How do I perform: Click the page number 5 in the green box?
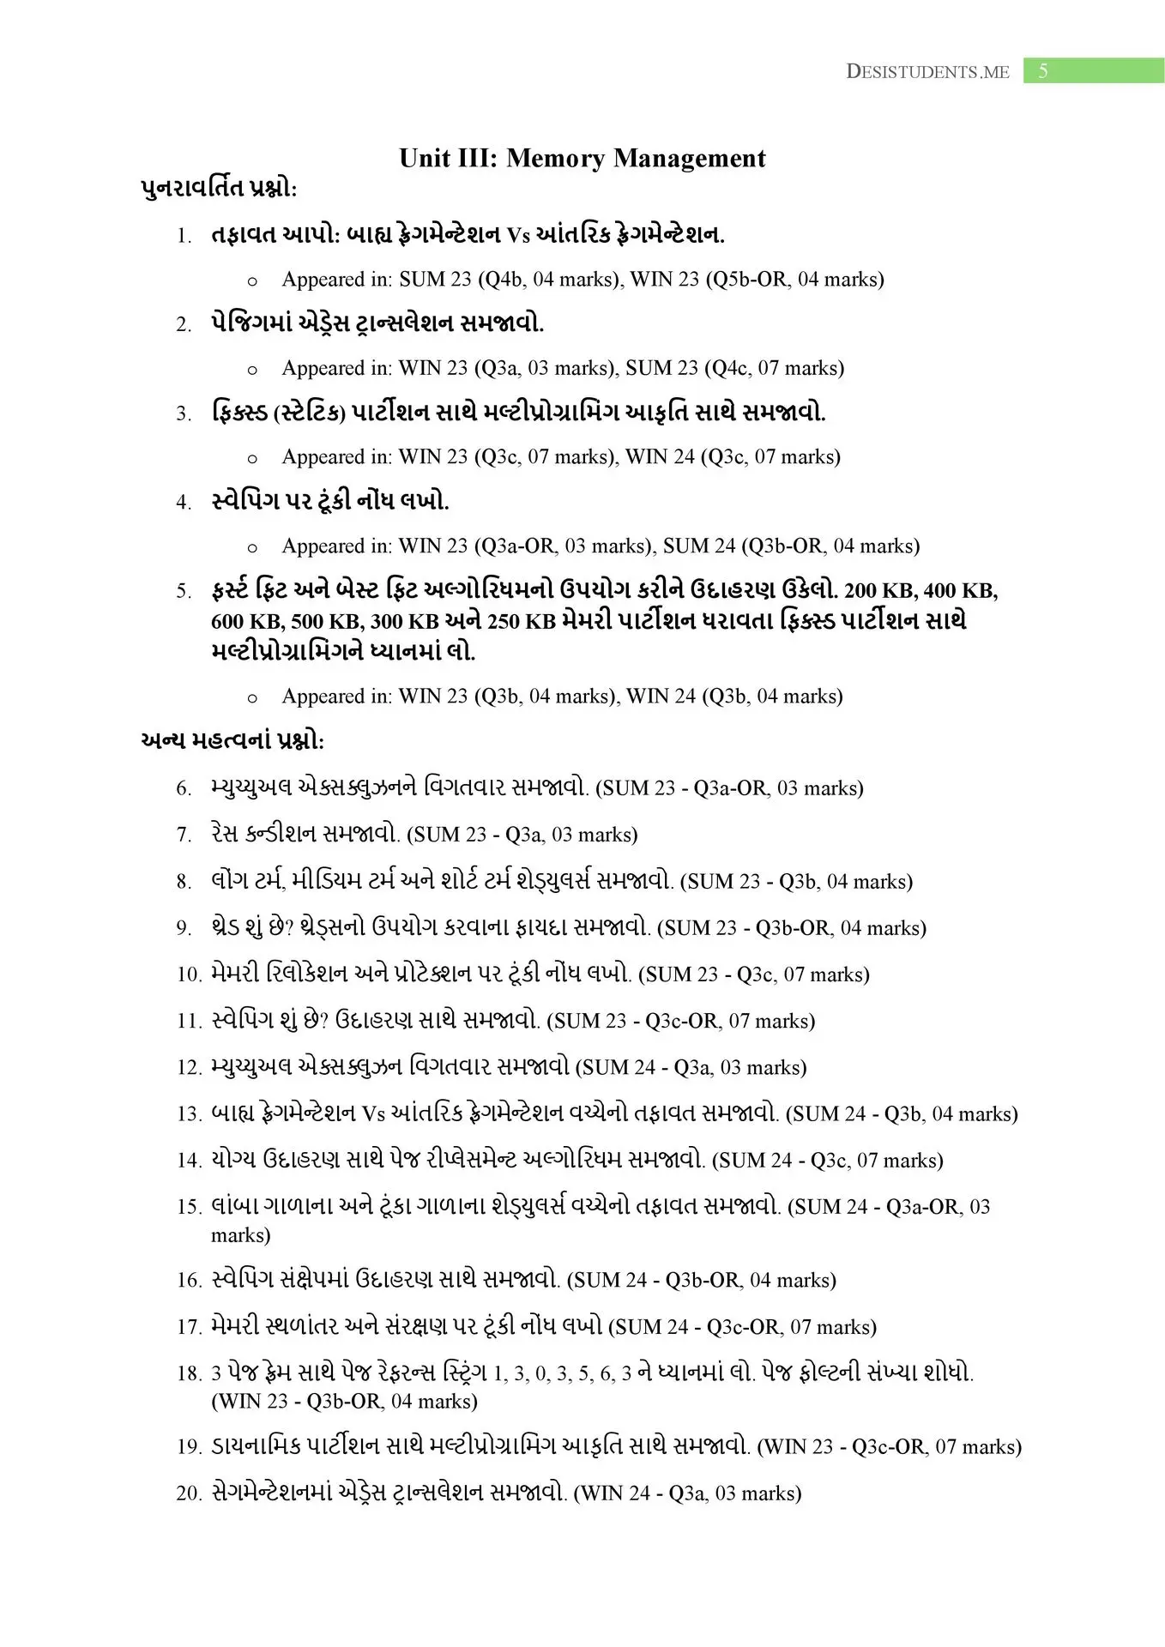click(x=1042, y=71)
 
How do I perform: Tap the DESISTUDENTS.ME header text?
click(x=927, y=72)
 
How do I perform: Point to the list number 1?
click(x=184, y=236)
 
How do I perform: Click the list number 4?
click(x=184, y=503)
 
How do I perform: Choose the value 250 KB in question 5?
click(x=492, y=621)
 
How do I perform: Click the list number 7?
click(x=184, y=835)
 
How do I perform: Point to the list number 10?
click(x=188, y=974)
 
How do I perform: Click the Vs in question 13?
click(x=373, y=1114)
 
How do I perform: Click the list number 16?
click(x=188, y=1281)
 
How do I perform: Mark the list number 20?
click(x=188, y=1493)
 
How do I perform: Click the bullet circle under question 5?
click(x=252, y=698)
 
